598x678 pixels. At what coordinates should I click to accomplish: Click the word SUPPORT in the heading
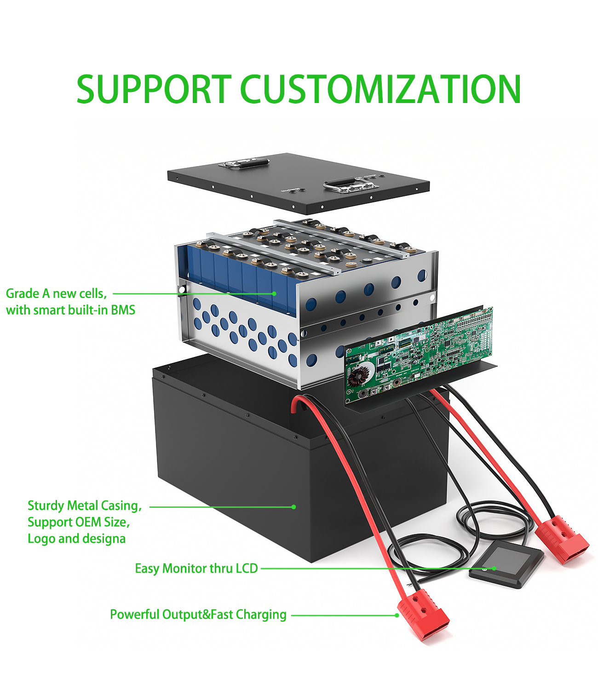pos(154,89)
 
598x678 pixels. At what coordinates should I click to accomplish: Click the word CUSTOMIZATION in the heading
pos(381,89)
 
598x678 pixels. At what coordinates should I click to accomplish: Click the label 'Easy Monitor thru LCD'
pos(196,569)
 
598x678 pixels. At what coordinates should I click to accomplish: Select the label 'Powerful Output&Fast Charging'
pos(198,615)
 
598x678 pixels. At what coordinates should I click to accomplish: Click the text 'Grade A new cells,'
pos(56,293)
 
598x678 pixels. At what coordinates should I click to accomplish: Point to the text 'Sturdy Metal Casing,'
pos(85,506)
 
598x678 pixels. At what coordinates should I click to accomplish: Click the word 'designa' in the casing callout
pos(104,539)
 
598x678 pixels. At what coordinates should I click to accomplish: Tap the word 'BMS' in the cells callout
pos(123,310)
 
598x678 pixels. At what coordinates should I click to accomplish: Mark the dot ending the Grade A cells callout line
pos(274,293)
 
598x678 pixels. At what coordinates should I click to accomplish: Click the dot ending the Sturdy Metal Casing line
pos(293,507)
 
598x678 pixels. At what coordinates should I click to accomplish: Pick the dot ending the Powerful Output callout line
pos(397,615)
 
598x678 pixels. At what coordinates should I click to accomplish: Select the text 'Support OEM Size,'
pos(79,523)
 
